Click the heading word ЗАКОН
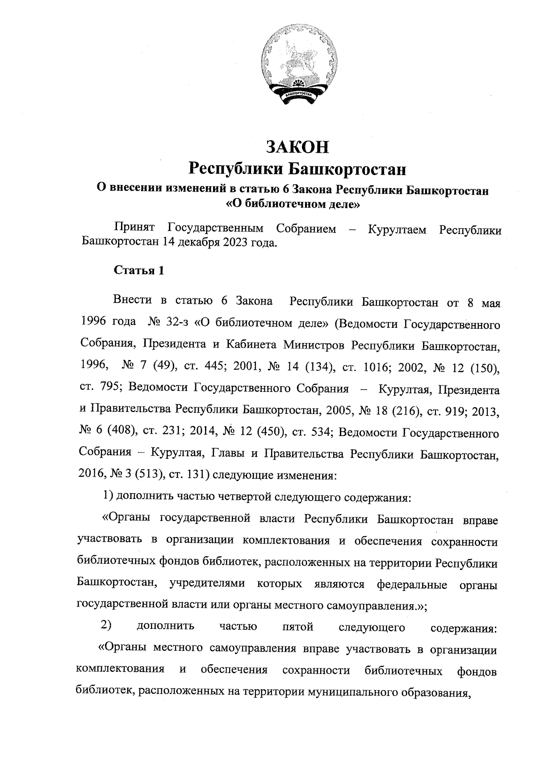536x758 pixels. (298, 147)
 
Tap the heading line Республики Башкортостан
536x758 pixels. (298, 169)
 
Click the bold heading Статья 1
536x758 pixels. (139, 271)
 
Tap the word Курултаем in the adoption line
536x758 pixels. (397, 230)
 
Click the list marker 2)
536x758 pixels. (105, 626)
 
